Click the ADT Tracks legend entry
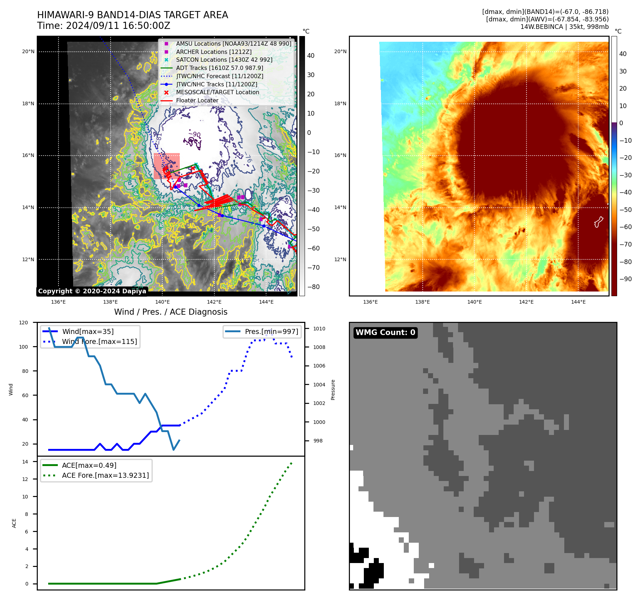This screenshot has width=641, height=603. tap(219, 68)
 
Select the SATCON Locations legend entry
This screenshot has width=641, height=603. tap(224, 60)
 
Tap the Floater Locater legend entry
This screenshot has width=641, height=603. tap(197, 100)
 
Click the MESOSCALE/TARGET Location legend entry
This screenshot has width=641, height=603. tap(218, 92)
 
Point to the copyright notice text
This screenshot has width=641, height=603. tap(92, 291)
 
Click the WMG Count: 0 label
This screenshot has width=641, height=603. tap(385, 333)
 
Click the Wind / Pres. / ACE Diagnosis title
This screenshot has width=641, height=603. tap(171, 312)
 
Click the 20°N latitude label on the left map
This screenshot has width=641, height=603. tap(28, 51)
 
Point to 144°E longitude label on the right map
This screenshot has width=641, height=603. tap(578, 302)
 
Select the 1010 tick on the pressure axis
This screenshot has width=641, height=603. tap(319, 329)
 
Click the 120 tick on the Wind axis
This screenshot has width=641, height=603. tap(24, 323)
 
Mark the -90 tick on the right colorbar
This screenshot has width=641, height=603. tap(625, 279)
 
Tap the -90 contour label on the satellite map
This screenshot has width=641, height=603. tap(194, 134)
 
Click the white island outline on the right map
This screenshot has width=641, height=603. tap(599, 222)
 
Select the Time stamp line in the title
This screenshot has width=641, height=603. tap(103, 26)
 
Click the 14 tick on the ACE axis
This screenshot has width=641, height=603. tap(25, 462)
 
